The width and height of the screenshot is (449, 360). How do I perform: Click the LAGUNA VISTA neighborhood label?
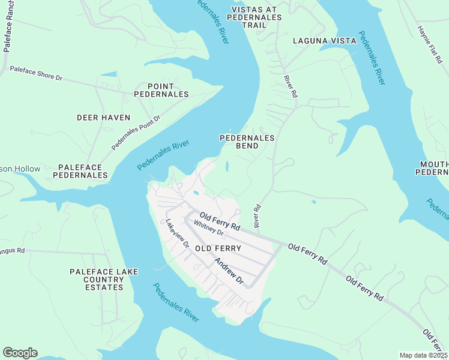[324, 41]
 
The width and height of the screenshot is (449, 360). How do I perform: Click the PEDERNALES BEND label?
[247, 142]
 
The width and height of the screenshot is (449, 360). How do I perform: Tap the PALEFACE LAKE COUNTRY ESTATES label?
[104, 280]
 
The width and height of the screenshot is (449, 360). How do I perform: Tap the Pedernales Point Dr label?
[136, 133]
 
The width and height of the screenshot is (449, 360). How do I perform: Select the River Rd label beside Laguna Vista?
[291, 86]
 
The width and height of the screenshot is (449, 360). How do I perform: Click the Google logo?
[20, 353]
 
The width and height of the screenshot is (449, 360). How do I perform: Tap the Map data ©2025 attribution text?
[423, 355]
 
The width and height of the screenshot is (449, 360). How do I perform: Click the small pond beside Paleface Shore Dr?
[109, 74]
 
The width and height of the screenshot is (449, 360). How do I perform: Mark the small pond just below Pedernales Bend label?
[227, 166]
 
